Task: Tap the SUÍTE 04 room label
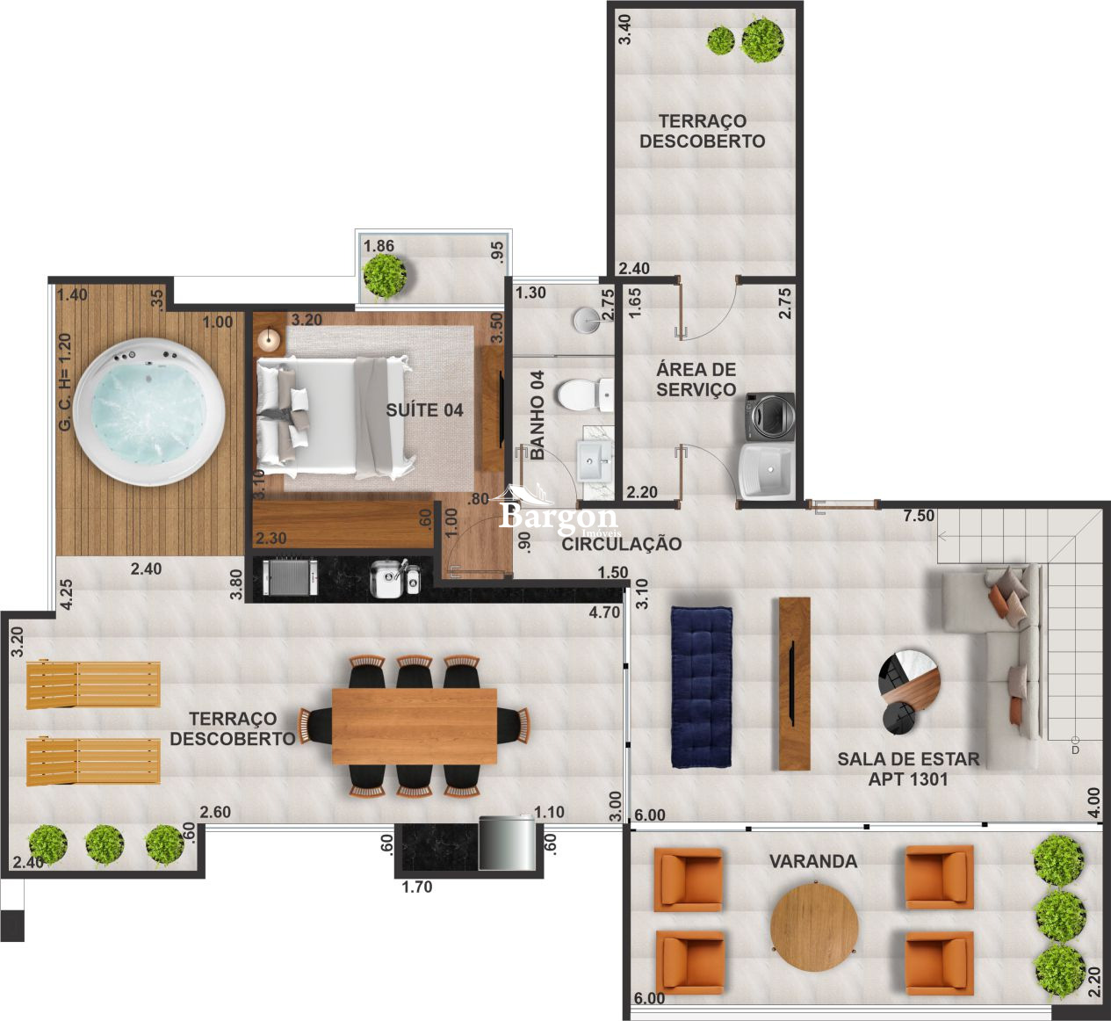pyautogui.click(x=424, y=410)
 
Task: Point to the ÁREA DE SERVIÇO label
pyautogui.click(x=696, y=380)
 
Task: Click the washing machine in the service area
pyautogui.click(x=769, y=416)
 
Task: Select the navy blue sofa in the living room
pyautogui.click(x=701, y=684)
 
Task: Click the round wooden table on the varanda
pyautogui.click(x=814, y=926)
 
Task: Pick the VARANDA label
pyautogui.click(x=813, y=861)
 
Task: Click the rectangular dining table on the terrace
pyautogui.click(x=414, y=727)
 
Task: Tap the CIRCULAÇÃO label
pyautogui.click(x=622, y=544)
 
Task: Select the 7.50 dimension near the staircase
pyautogui.click(x=919, y=516)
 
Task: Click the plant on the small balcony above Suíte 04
pyautogui.click(x=384, y=274)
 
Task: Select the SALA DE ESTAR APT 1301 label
pyautogui.click(x=908, y=769)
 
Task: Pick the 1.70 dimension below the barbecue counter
pyautogui.click(x=417, y=887)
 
